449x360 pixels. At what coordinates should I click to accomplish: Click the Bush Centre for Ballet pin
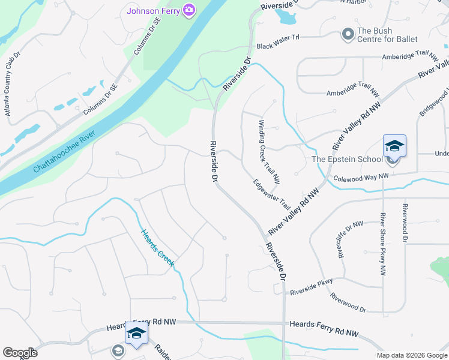pyautogui.click(x=348, y=35)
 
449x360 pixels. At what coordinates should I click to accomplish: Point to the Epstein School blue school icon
pyautogui.click(x=394, y=146)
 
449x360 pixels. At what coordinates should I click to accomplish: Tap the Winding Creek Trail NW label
pyautogui.click(x=269, y=151)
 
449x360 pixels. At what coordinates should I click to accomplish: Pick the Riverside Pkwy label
pyautogui.click(x=311, y=287)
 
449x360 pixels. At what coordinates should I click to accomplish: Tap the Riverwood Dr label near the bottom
pyautogui.click(x=348, y=301)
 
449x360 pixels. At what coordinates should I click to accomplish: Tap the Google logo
pyautogui.click(x=20, y=353)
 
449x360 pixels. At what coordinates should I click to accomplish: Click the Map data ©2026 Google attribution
pyautogui.click(x=412, y=355)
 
